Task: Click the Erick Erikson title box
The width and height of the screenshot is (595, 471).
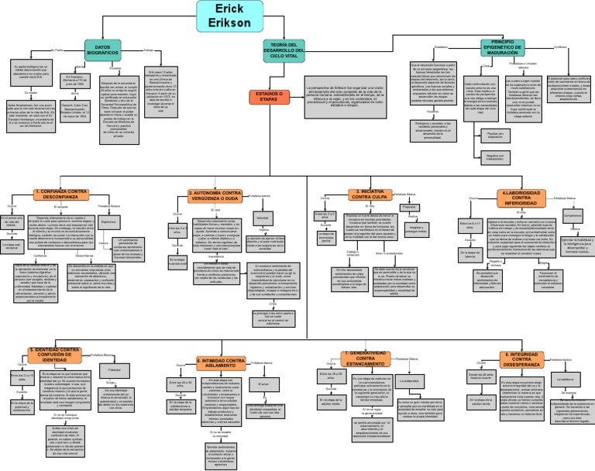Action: [224, 17]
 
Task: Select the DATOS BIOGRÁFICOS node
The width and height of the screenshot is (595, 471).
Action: [104, 49]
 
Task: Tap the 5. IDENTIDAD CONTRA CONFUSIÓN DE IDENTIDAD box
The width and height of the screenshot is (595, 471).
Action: [54, 353]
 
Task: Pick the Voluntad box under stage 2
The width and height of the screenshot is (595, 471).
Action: [263, 219]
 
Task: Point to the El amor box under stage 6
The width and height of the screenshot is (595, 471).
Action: [263, 383]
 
